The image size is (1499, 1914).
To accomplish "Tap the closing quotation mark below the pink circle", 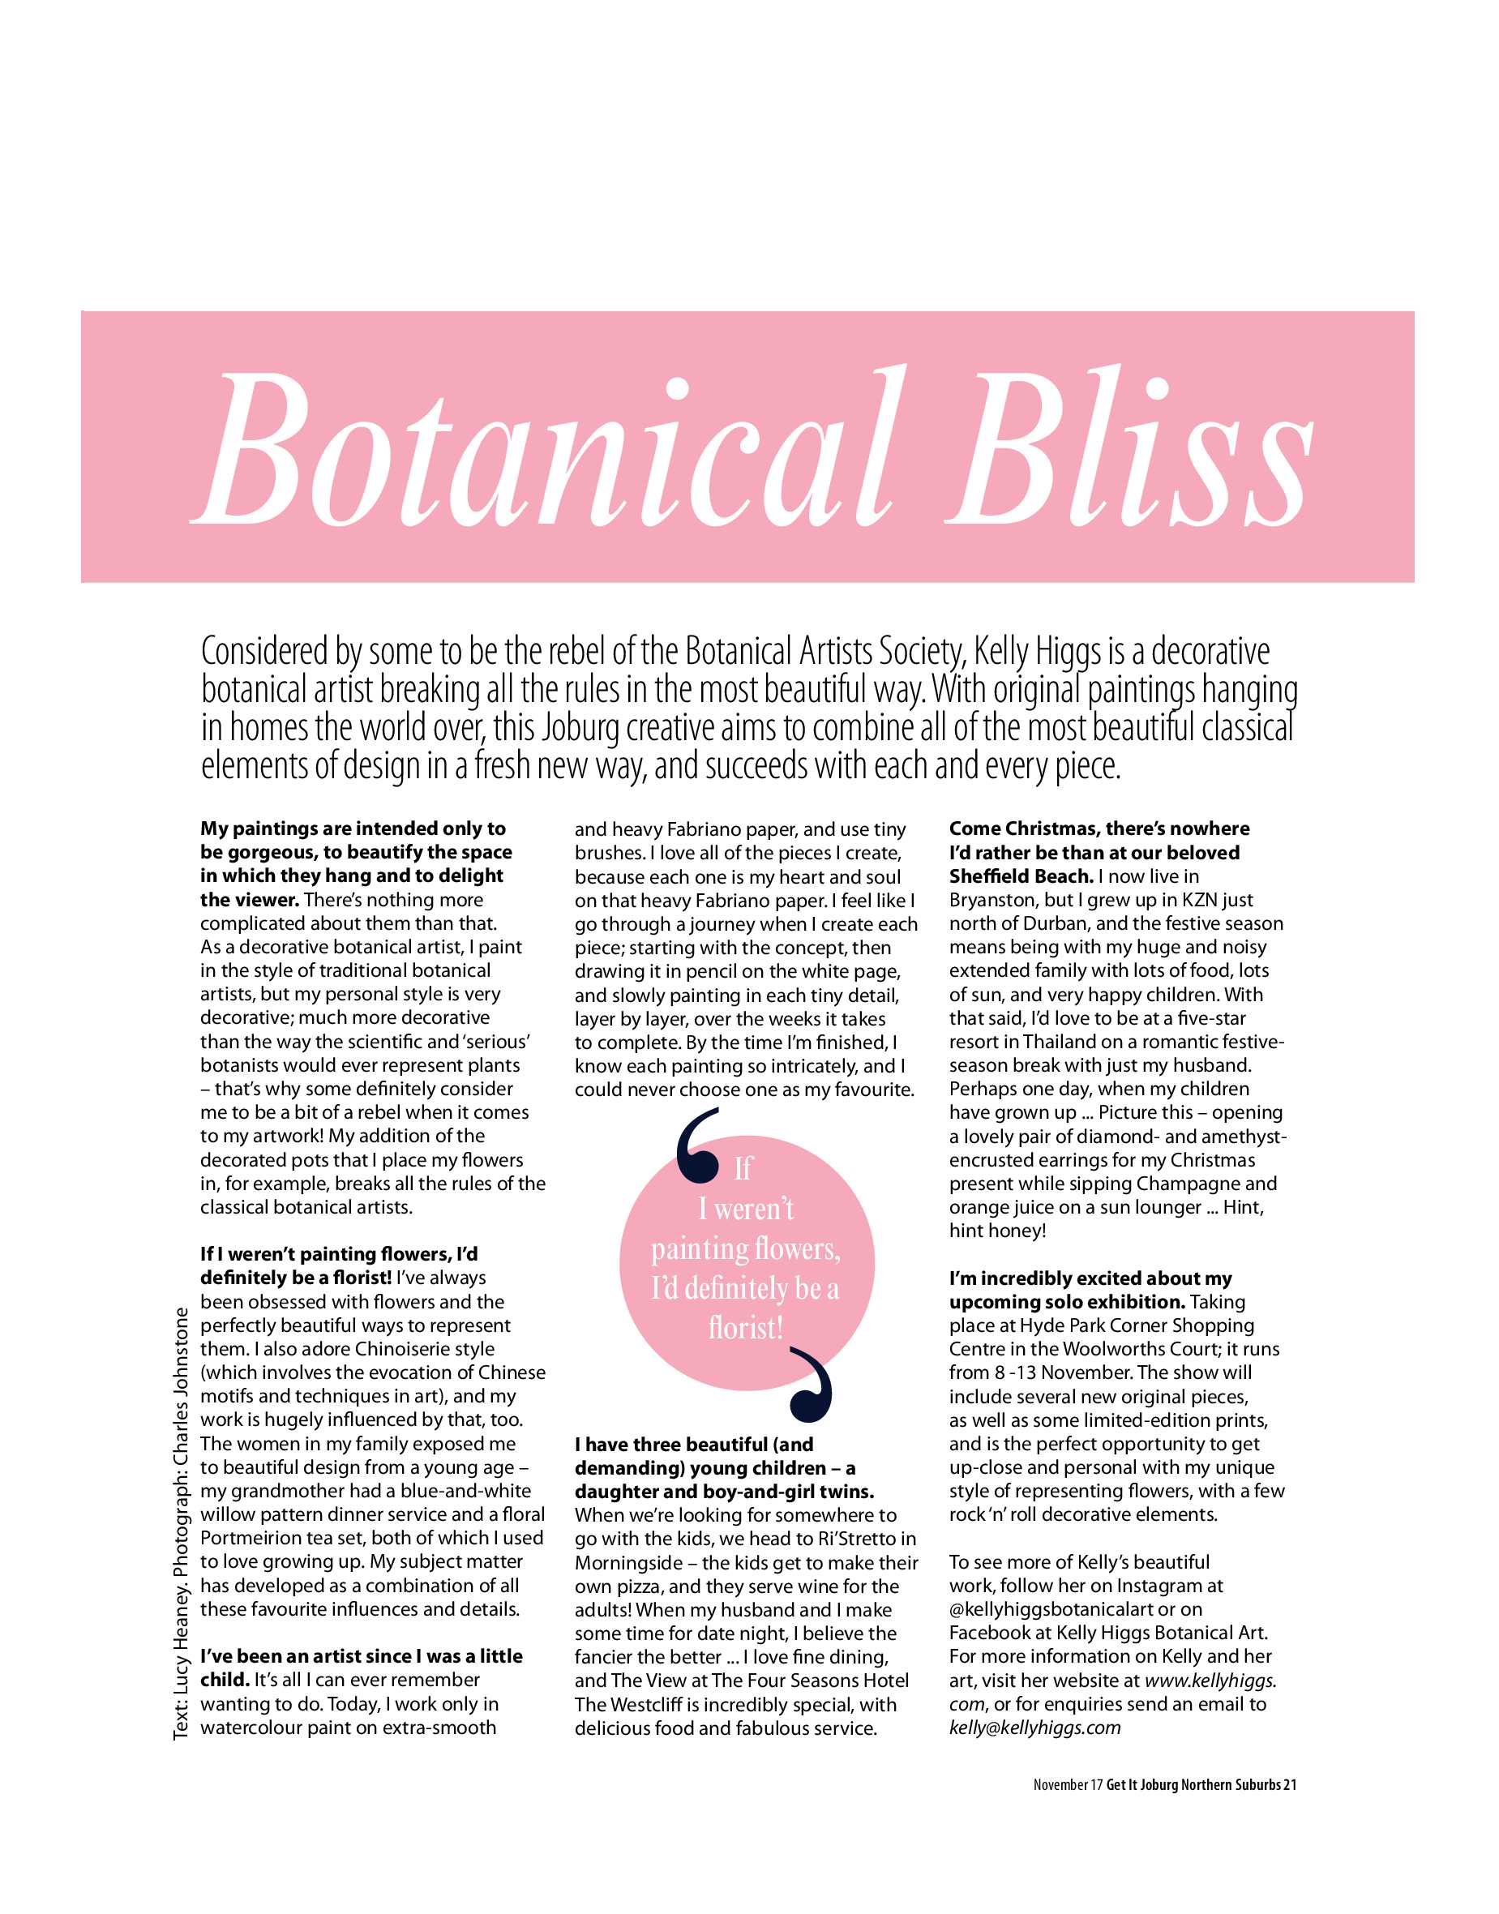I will point(812,1385).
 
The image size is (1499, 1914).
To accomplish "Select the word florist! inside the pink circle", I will point(746,1328).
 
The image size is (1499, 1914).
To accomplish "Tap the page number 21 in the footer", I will point(1290,1784).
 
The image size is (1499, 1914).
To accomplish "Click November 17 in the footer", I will point(1067,1784).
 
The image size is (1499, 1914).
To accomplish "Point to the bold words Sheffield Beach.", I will point(1021,876).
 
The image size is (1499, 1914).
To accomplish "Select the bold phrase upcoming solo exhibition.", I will point(1066,1301).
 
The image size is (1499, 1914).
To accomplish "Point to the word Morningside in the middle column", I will point(627,1562).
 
